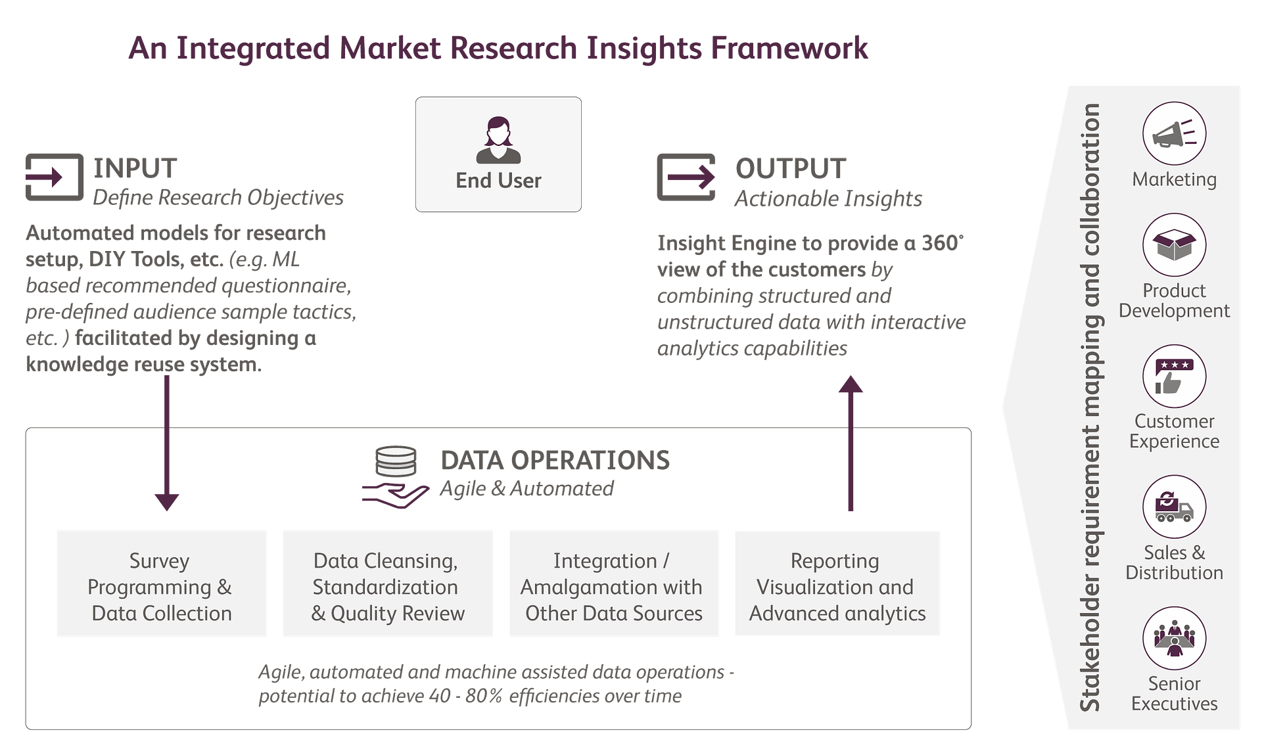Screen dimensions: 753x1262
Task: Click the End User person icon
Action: [498, 140]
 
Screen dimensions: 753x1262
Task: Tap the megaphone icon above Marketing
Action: [1174, 133]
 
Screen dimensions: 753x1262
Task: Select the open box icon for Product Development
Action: [1174, 245]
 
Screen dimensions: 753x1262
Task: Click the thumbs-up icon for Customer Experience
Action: [1174, 376]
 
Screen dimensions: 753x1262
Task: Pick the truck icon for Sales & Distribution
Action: [1174, 507]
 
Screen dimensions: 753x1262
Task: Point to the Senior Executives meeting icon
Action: [1174, 638]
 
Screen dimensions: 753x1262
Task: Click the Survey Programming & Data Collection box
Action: [162, 583]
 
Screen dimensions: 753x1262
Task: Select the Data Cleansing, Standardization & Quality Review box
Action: [388, 583]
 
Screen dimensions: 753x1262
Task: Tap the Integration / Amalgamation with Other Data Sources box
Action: [614, 583]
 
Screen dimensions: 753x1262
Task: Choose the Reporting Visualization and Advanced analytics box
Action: [837, 583]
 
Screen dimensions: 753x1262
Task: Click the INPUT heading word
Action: [135, 168]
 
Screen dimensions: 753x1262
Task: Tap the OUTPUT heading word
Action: [790, 169]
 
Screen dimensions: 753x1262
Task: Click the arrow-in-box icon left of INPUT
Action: [55, 177]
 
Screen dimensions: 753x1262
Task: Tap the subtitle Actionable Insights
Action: [828, 198]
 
